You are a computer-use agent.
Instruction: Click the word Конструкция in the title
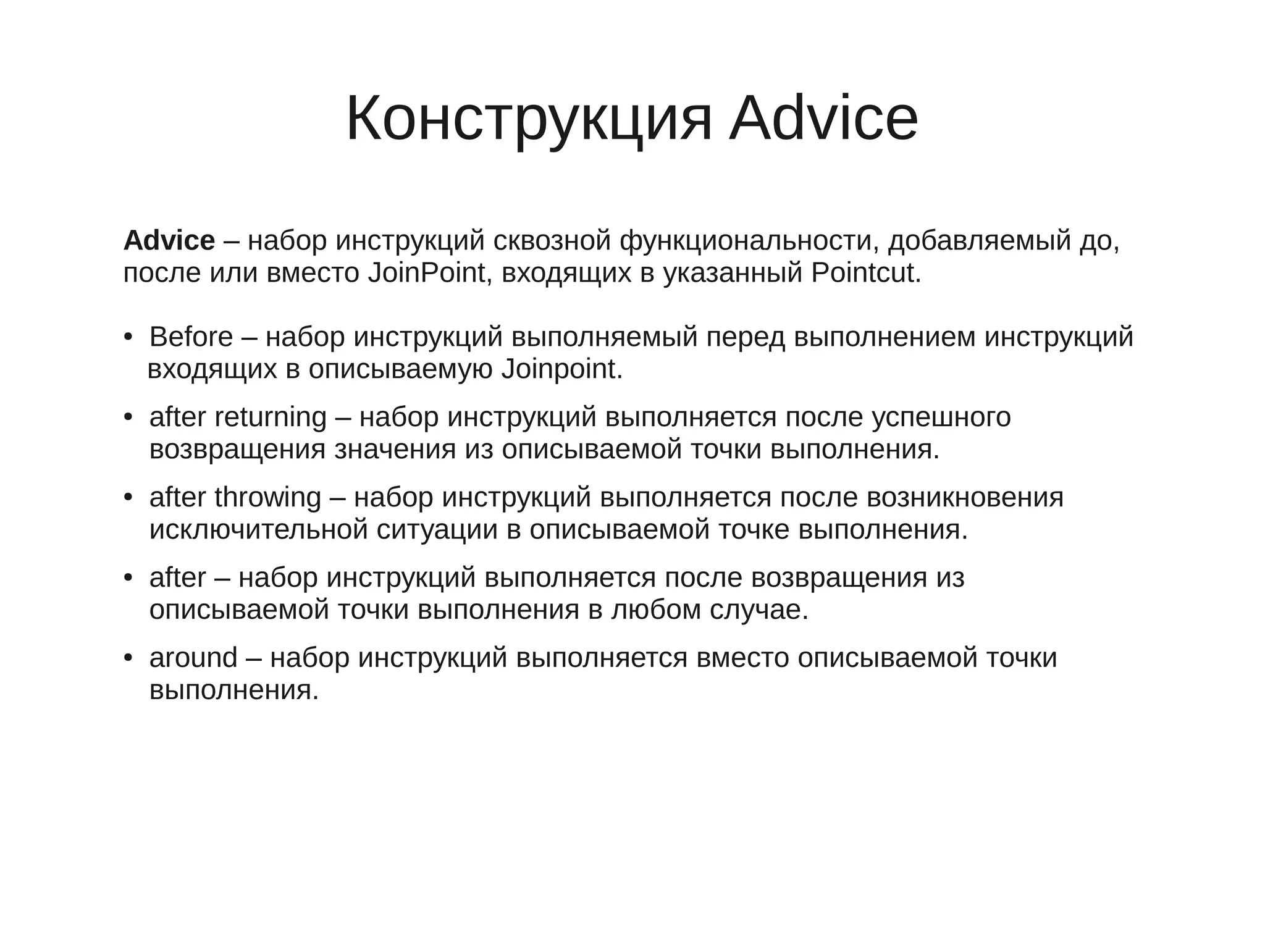pos(529,119)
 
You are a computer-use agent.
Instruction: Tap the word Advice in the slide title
pos(823,119)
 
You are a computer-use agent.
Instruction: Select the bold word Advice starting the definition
pos(169,240)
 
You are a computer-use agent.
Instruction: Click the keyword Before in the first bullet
pos(191,337)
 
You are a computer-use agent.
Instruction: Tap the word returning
pos(271,417)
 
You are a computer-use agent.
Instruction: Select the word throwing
pos(268,498)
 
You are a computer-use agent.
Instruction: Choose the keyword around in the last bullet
pos(193,658)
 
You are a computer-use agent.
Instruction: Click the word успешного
pos(941,417)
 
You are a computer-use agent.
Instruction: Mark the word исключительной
pos(259,530)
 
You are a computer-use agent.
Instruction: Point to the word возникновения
pos(965,498)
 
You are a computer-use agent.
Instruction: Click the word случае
pos(758,610)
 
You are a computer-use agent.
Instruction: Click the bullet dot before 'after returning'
pos(128,418)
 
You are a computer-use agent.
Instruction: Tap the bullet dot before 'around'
pos(128,658)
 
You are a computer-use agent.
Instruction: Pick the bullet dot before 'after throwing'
pos(128,498)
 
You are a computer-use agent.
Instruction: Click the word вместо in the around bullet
pos(742,658)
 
